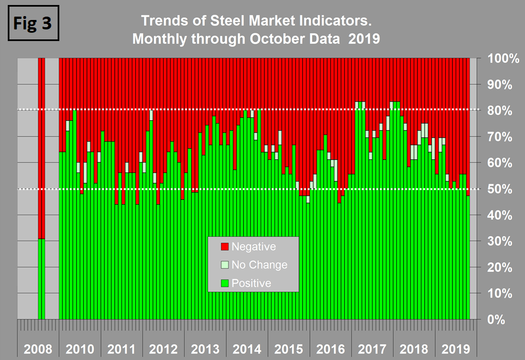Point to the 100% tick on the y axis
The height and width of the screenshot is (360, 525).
(x=503, y=59)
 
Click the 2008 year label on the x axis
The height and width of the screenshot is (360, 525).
(x=38, y=349)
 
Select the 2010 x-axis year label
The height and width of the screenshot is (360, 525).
(x=80, y=349)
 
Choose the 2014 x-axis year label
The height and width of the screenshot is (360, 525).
(x=247, y=349)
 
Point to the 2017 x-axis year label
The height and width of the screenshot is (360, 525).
(x=372, y=349)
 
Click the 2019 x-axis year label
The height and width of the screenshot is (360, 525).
(x=455, y=349)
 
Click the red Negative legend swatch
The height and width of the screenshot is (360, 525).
(x=225, y=246)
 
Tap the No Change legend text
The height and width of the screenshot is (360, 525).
(x=259, y=265)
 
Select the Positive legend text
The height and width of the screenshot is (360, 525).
(x=251, y=283)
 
